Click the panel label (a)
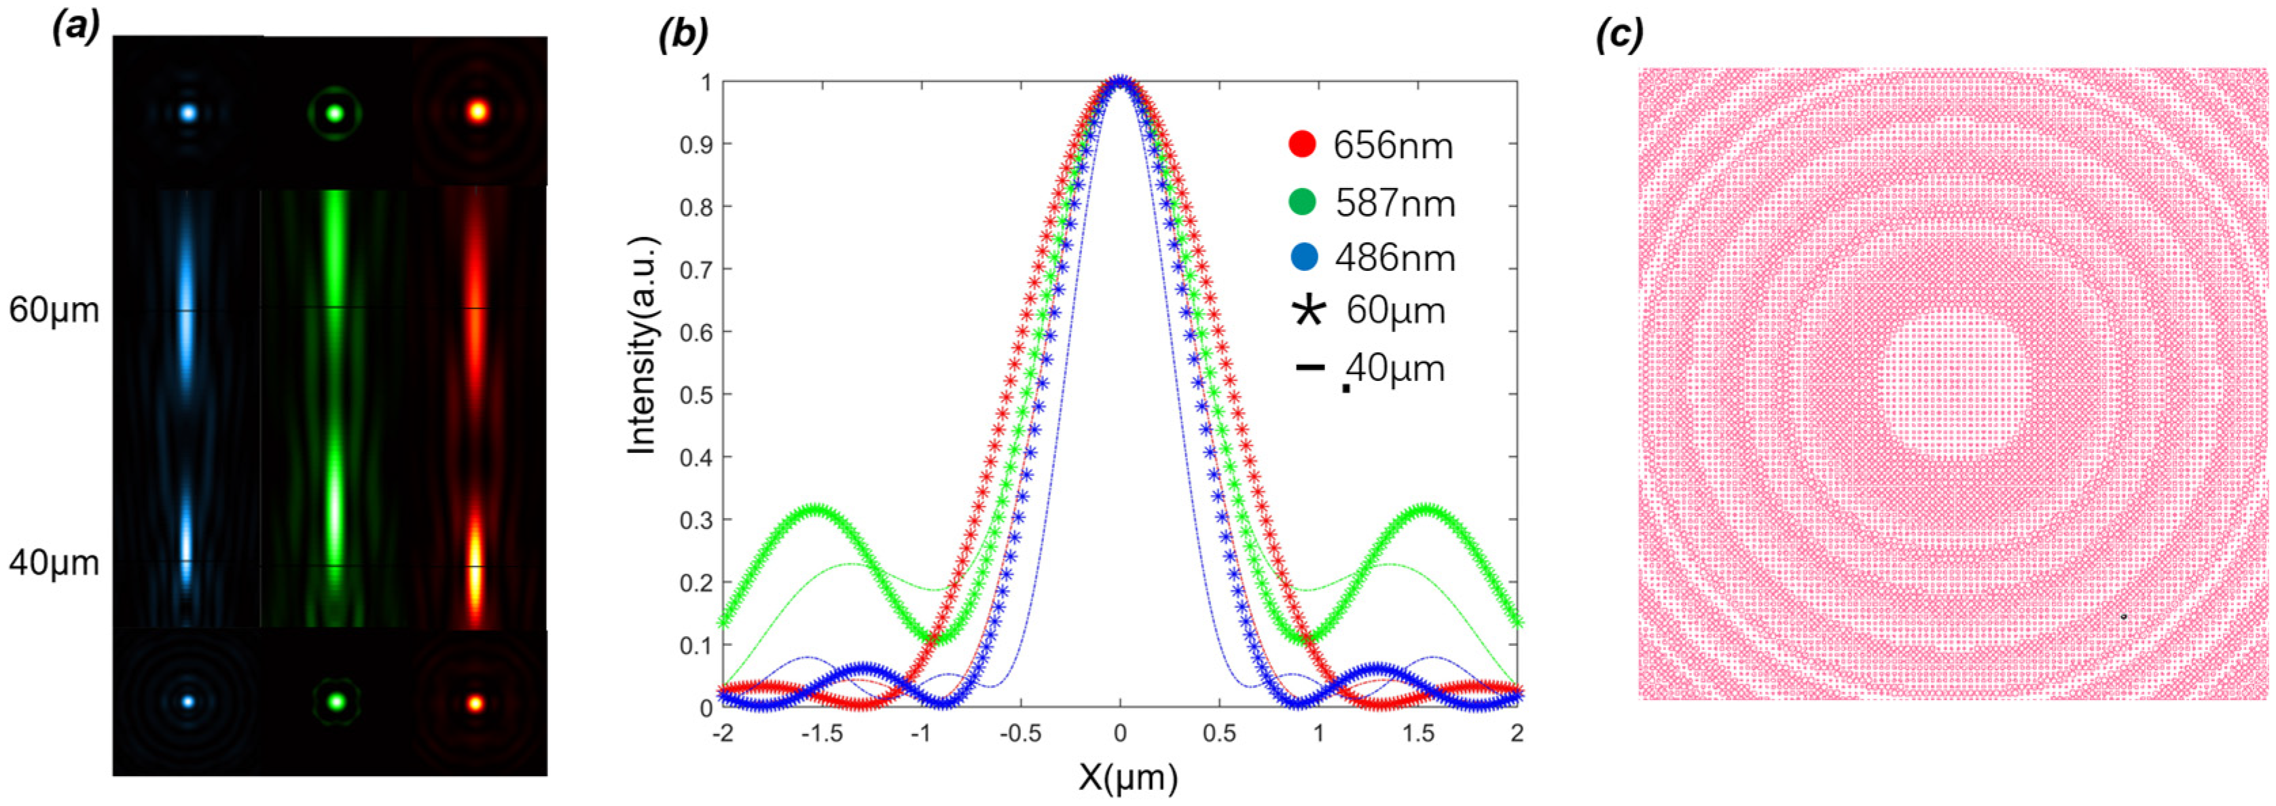(75, 29)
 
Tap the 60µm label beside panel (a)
(54, 310)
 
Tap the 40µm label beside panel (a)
(54, 563)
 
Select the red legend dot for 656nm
(1302, 144)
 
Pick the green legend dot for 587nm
(1302, 202)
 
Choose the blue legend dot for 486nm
(1304, 257)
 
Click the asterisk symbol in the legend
(1309, 311)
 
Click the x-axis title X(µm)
(1128, 777)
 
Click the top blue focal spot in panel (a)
(187, 113)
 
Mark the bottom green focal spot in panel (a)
(335, 703)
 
